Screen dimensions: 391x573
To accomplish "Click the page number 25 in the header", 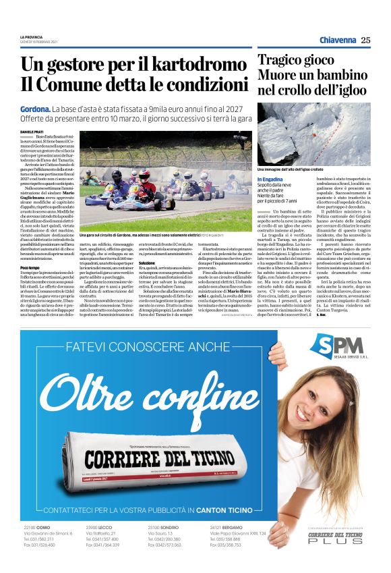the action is coord(365,40).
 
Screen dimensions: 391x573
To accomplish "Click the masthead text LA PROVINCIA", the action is coord(31,36).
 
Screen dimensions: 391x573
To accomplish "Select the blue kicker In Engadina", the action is coord(272,179).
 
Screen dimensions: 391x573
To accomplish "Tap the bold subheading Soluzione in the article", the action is coord(167,280).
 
